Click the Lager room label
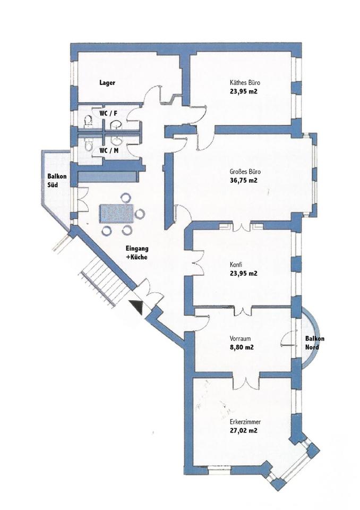coord(107,82)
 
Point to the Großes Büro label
coord(245,172)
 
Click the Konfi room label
coord(236,265)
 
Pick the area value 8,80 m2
coord(241,347)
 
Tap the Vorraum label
coord(240,339)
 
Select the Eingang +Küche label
coord(136,253)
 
